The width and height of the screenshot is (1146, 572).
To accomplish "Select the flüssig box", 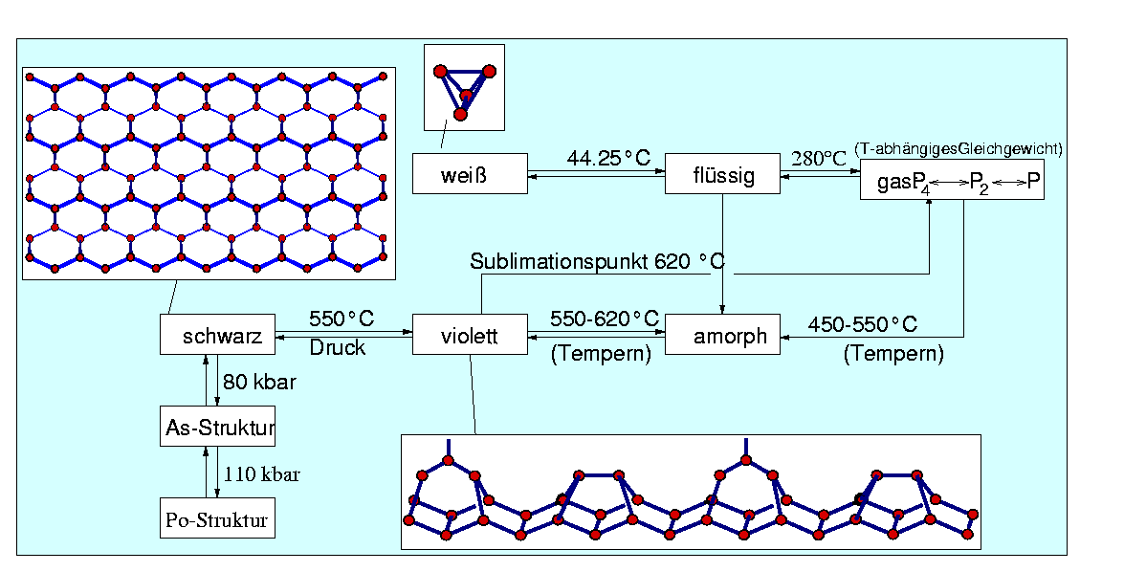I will pos(722,174).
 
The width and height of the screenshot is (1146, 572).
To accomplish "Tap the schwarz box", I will pos(217,336).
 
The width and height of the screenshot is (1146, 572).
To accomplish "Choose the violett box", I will pos(470,336).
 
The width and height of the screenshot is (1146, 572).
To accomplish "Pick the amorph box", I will pos(722,336).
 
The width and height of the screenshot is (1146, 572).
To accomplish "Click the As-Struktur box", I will pos(217,427).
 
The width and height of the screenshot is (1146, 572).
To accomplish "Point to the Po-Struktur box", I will pos(217,522).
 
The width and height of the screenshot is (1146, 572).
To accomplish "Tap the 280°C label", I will pos(819,158).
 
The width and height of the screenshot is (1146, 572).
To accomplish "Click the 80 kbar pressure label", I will pos(258,382).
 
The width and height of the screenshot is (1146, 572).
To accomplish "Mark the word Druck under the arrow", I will pos(337,348).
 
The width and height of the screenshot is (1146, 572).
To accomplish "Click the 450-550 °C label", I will pos(863,324).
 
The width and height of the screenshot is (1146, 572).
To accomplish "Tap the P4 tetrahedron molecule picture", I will pos(464,89).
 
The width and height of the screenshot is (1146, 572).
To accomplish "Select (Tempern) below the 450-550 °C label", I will pos(893,354).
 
